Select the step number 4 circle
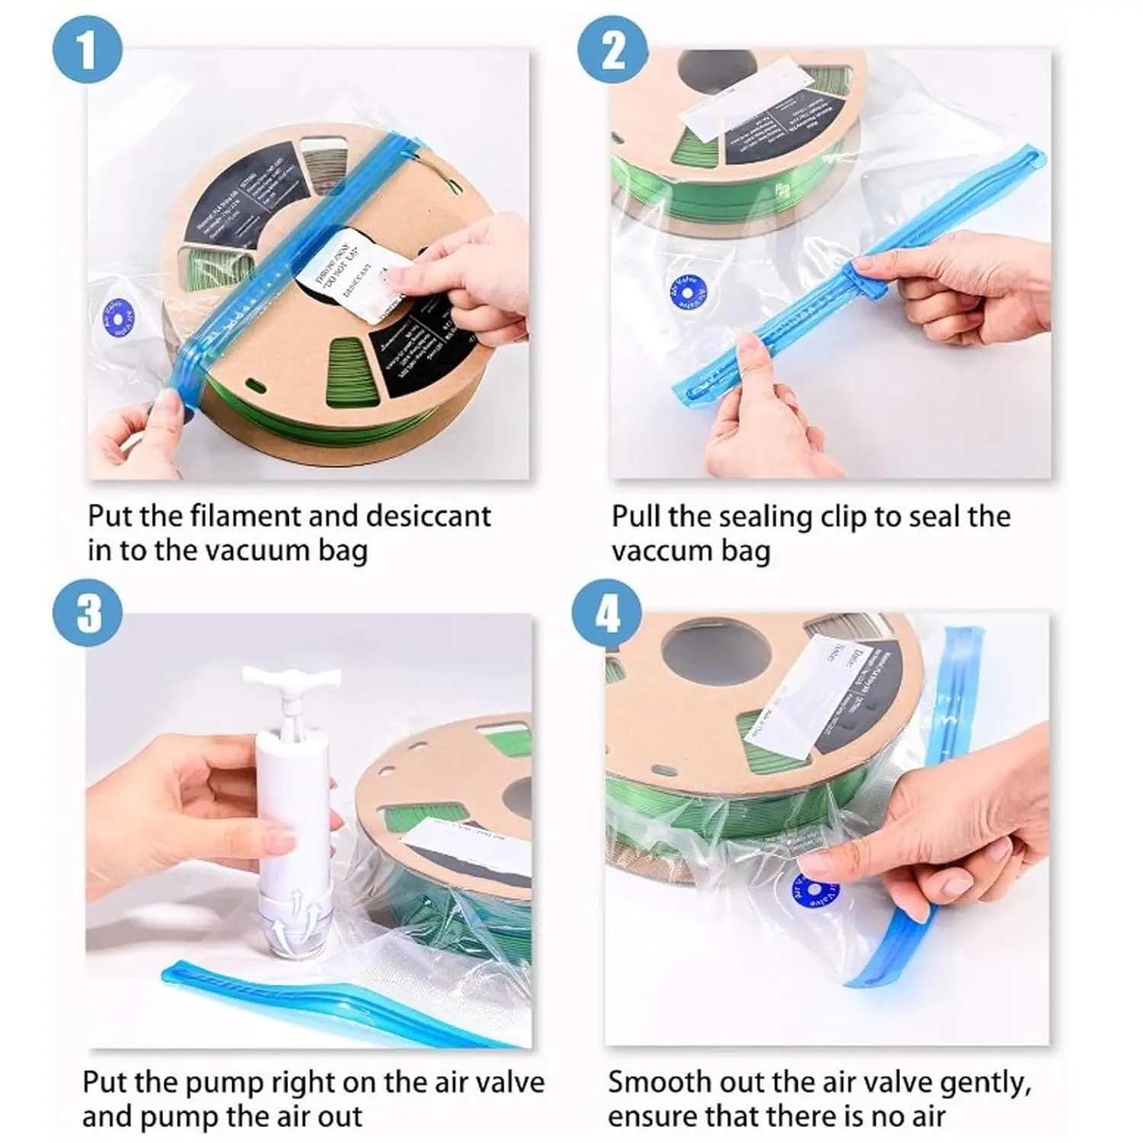pyautogui.click(x=607, y=614)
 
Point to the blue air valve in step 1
pyautogui.click(x=119, y=315)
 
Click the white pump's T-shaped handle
pyautogui.click(x=291, y=678)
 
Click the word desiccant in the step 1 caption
pyautogui.click(x=428, y=516)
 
